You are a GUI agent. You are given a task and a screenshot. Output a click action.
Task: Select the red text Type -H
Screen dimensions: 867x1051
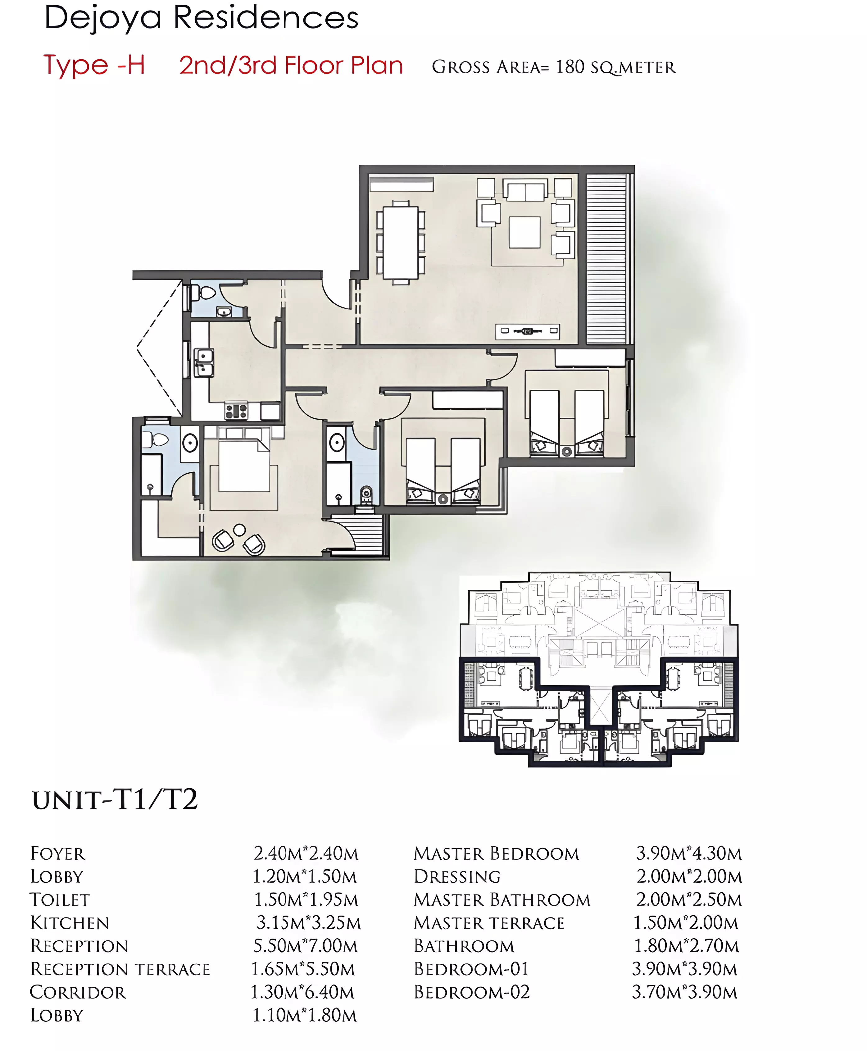tap(94, 66)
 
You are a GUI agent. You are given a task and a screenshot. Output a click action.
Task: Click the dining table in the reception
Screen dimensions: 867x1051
tap(401, 243)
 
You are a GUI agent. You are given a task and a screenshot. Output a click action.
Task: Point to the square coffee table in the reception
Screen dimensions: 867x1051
tap(524, 232)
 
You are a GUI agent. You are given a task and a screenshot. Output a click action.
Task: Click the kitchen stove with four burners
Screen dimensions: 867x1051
tap(236, 411)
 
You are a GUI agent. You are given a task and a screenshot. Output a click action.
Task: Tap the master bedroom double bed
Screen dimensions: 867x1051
tap(244, 460)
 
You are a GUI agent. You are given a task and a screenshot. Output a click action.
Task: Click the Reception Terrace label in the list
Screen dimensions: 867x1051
tap(120, 969)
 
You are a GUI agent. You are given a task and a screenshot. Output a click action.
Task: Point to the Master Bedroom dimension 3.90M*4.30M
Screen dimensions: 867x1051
tap(689, 853)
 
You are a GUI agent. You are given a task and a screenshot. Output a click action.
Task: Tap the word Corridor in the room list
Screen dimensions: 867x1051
tap(78, 992)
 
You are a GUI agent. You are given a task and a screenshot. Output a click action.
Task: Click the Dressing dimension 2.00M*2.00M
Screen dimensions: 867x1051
tap(689, 876)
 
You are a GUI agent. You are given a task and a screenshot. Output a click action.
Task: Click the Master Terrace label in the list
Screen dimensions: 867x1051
tap(489, 923)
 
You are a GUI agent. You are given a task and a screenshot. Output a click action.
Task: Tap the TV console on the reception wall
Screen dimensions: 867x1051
tap(527, 331)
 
